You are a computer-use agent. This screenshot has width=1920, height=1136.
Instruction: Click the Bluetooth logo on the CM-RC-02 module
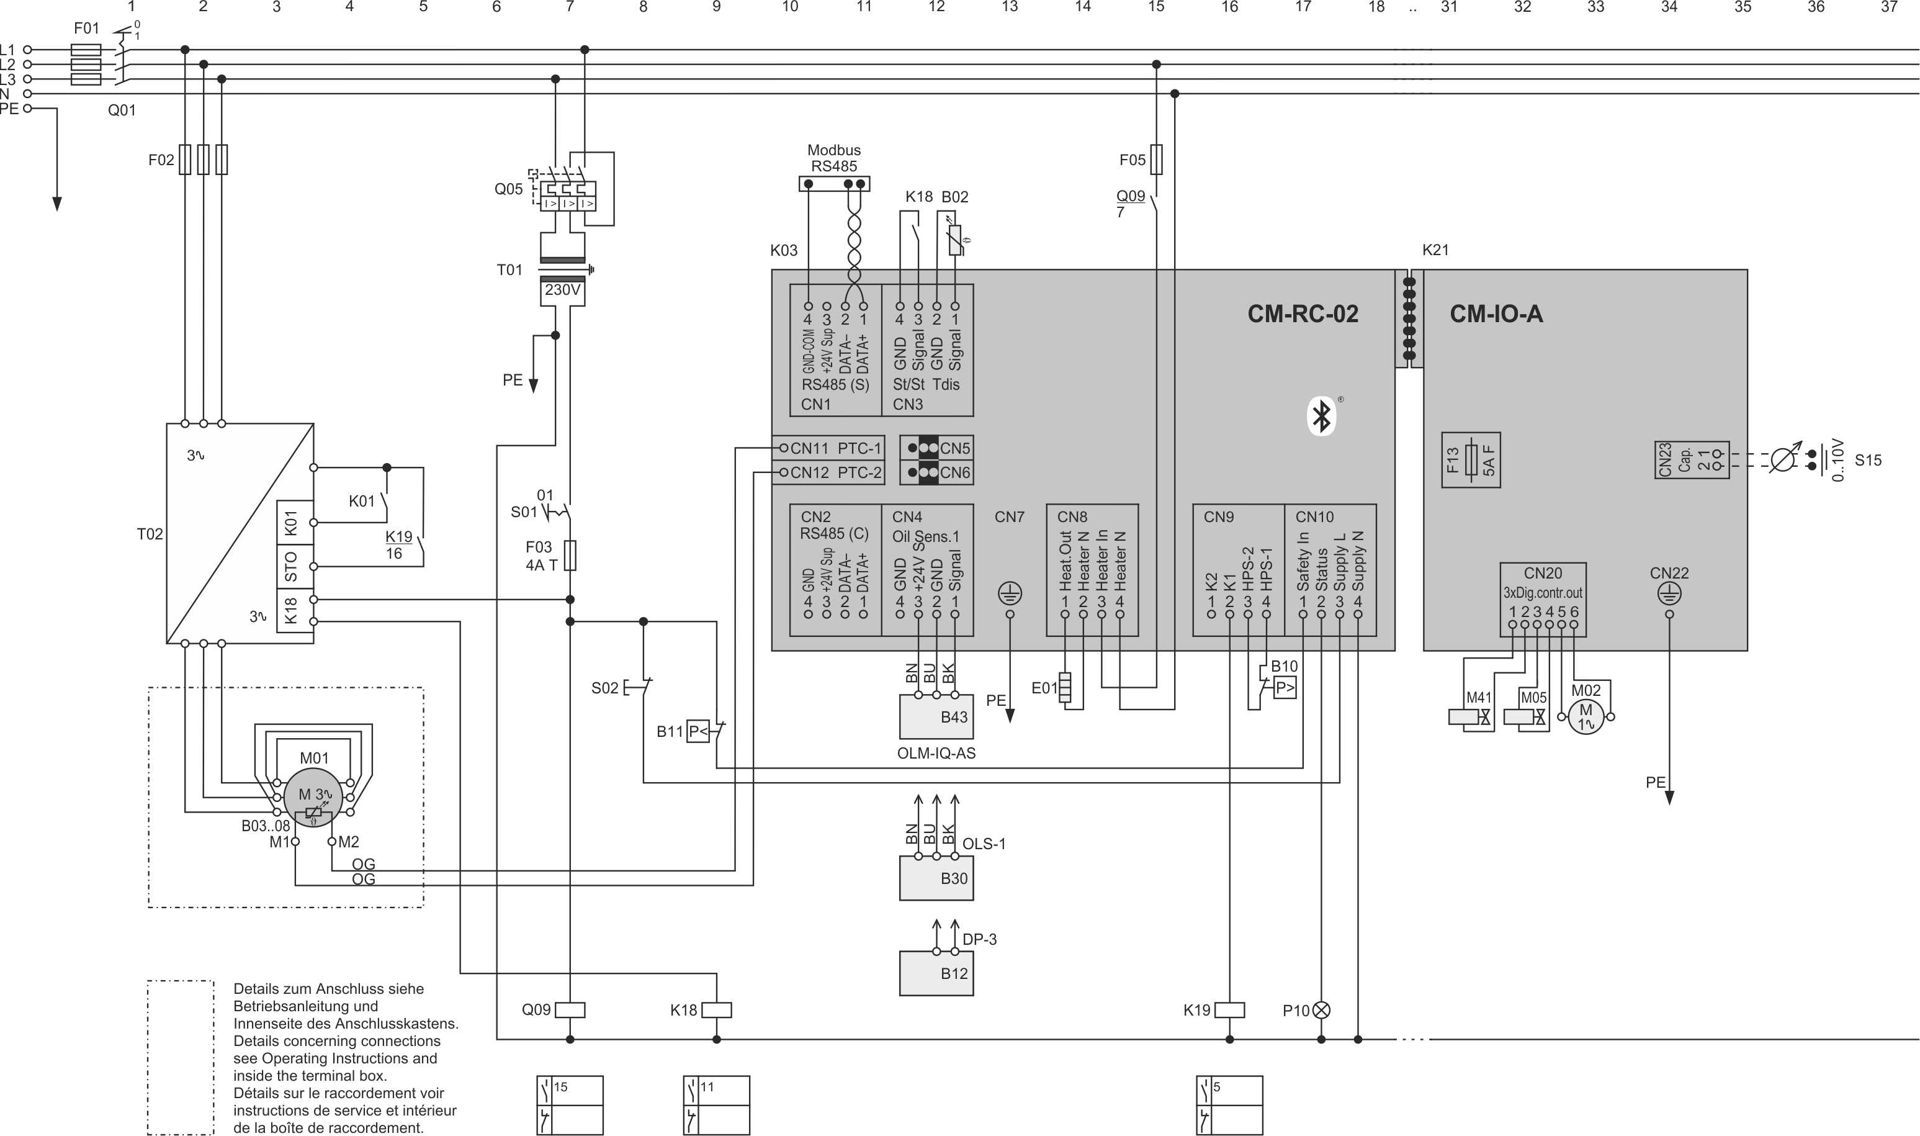click(1322, 417)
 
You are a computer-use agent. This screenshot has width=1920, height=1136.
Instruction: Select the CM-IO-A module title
click(1496, 314)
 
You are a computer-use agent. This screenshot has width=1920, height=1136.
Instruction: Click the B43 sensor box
click(936, 716)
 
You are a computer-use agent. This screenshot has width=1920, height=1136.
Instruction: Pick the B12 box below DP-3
click(936, 973)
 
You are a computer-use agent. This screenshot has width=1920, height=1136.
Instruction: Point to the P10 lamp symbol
click(1321, 1010)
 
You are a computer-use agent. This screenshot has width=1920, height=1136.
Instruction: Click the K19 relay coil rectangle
click(1229, 1010)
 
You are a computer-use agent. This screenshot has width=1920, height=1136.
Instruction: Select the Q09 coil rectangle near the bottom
click(569, 1010)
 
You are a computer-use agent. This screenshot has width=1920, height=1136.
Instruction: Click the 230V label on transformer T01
click(562, 290)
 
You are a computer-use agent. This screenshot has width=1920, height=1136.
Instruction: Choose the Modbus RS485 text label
click(833, 158)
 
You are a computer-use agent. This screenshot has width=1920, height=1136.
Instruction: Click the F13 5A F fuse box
click(1470, 460)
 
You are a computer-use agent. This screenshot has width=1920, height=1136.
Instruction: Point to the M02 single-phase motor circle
click(1586, 716)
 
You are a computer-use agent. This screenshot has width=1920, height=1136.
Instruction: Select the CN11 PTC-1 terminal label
click(834, 448)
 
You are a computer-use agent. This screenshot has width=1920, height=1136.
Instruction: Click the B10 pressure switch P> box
click(1285, 688)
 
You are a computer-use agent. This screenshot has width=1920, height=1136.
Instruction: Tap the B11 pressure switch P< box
click(697, 731)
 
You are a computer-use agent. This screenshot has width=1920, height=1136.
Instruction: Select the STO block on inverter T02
click(291, 567)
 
